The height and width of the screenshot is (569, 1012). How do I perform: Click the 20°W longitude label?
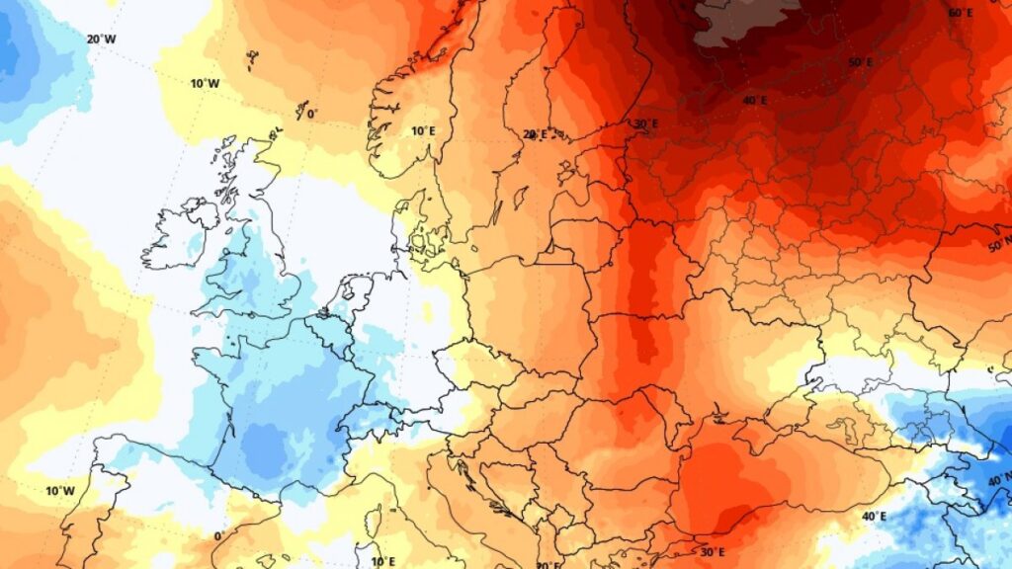coord(101,40)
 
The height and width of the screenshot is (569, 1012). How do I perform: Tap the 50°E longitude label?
coord(860,62)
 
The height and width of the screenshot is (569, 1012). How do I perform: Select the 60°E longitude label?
coord(960,13)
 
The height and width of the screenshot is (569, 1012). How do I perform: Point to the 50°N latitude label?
coord(999,243)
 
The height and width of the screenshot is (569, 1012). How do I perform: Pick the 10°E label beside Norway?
coord(424,130)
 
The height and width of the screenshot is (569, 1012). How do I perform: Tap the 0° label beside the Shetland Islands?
coord(311,114)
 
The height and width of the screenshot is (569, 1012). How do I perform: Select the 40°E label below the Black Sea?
coord(873,517)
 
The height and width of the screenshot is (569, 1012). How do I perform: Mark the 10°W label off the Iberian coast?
coord(60,491)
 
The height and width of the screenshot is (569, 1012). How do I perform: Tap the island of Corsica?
coord(376,520)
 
